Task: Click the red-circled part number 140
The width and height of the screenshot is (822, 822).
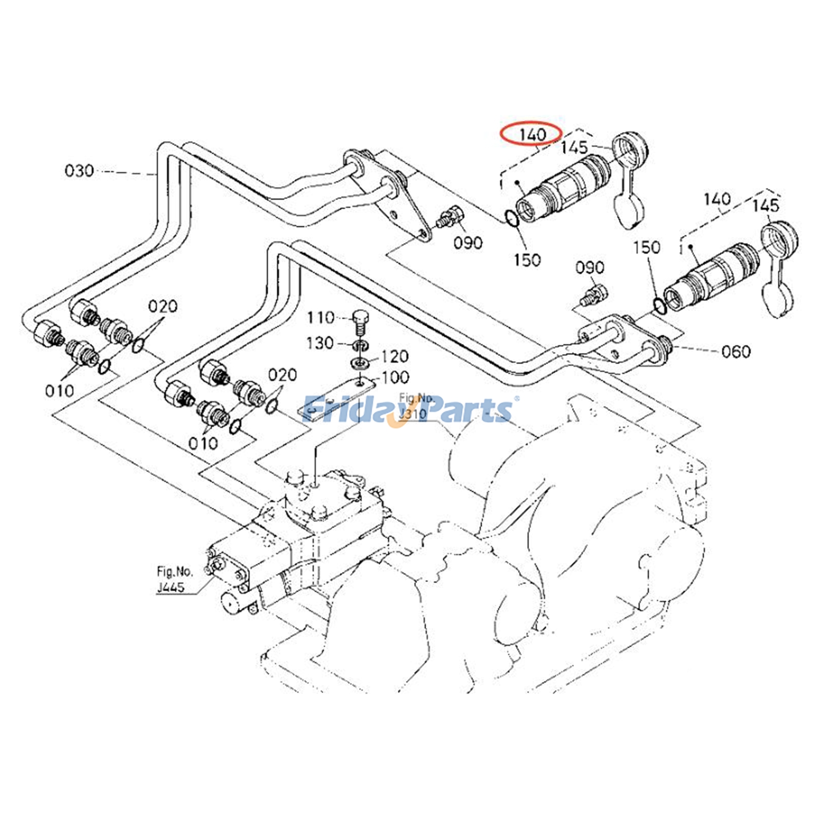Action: coord(532,135)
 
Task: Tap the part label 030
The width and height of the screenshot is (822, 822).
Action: coord(79,170)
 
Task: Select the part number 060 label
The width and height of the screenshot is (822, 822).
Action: coord(736,351)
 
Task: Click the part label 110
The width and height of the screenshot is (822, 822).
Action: coord(321,318)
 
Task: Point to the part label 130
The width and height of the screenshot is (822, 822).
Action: coord(321,343)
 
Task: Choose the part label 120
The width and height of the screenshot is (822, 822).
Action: coord(395,356)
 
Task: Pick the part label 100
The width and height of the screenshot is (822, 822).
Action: coord(395,378)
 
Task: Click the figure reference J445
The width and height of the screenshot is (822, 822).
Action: coord(171,587)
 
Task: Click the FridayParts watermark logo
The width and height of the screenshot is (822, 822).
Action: coord(409,409)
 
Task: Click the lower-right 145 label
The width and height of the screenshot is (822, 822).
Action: coord(765,206)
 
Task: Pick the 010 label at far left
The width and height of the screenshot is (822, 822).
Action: coord(60,391)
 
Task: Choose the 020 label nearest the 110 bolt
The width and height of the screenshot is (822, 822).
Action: coord(282,375)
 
